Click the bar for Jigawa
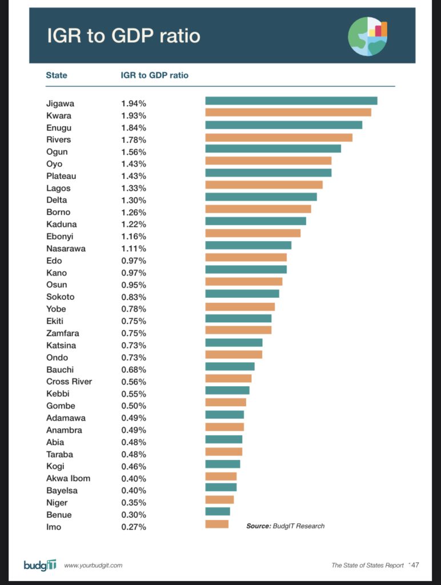291,101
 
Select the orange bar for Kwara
288,113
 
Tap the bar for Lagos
264,185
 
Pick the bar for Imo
217,524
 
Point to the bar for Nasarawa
248,245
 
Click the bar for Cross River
228,378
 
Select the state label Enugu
59,128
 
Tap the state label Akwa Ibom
68,479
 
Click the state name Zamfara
62,334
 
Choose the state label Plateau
61,176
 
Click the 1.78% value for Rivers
134,140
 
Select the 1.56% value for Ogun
134,152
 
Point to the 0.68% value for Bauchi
134,370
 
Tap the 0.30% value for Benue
134,515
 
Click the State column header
57,75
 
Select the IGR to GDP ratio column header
155,75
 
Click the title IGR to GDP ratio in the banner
123,36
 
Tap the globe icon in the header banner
367,36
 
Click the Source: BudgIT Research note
285,526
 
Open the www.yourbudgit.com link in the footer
93,566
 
